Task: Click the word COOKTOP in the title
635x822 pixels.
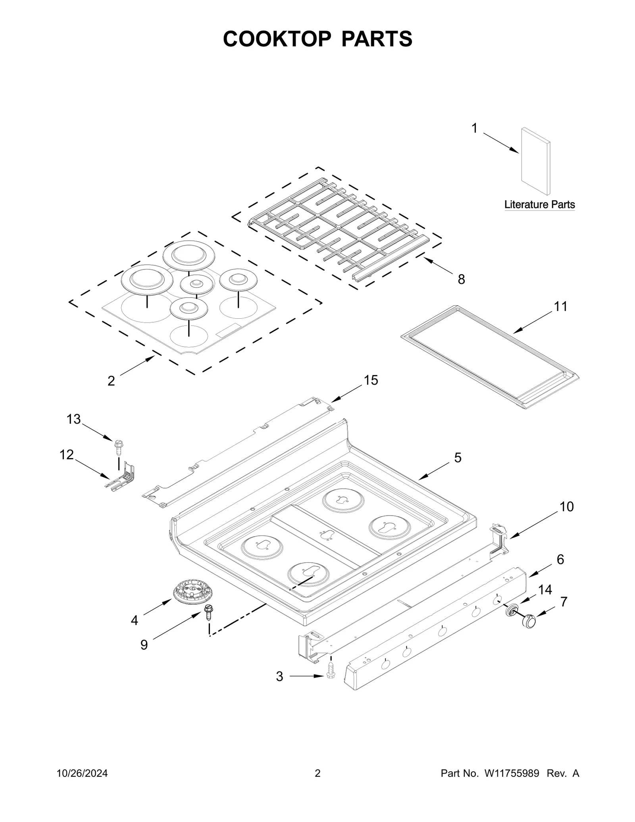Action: pyautogui.click(x=277, y=39)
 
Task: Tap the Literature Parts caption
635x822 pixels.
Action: pyautogui.click(x=539, y=205)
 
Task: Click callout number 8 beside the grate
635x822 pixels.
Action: pyautogui.click(x=461, y=279)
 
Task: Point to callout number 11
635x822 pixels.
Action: pyautogui.click(x=560, y=306)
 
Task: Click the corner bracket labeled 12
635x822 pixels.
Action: pyautogui.click(x=123, y=477)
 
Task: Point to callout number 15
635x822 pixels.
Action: pyautogui.click(x=371, y=380)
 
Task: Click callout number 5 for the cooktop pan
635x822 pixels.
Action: pyautogui.click(x=458, y=458)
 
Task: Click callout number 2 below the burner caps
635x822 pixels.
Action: pyautogui.click(x=111, y=381)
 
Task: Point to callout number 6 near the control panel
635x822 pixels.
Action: pyautogui.click(x=560, y=559)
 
